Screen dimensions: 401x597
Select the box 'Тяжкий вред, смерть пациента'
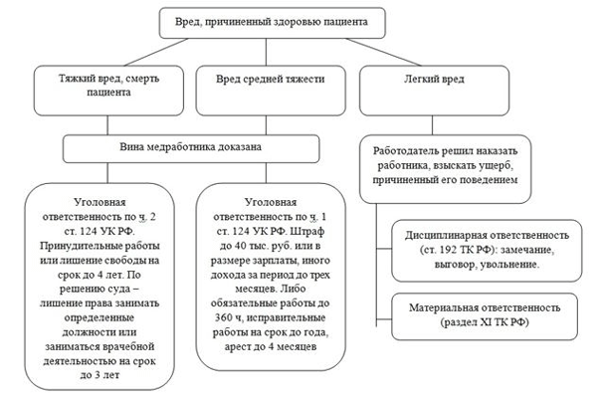(98, 87)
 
